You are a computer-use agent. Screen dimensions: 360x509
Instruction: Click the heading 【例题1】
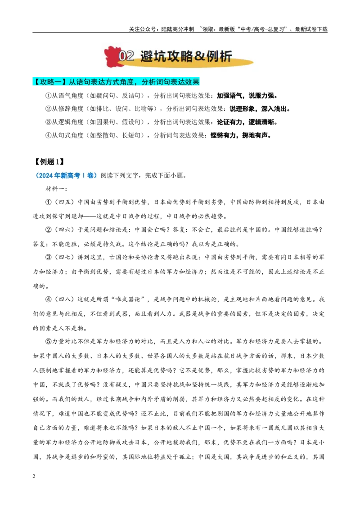48,162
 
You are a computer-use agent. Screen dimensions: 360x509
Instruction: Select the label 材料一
55,189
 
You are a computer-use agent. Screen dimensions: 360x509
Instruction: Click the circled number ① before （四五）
49,202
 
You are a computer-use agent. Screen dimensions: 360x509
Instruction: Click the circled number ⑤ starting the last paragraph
49,341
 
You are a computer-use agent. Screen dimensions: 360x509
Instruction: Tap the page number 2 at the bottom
34,477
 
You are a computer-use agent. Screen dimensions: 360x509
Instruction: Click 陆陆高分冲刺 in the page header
177,29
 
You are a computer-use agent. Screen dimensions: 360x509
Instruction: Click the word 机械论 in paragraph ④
207,299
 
